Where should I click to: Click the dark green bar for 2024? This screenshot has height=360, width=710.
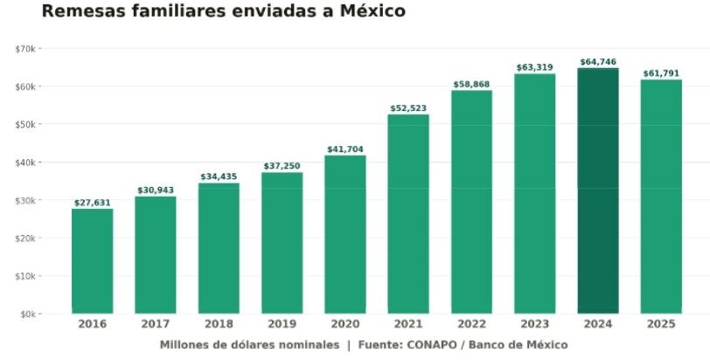[x=598, y=190]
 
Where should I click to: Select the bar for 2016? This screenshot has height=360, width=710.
[x=93, y=261]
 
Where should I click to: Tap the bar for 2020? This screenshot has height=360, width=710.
[x=345, y=234]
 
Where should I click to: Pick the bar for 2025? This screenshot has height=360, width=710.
[x=661, y=197]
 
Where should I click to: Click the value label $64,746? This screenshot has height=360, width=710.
[x=598, y=62]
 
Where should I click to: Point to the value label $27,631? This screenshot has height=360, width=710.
[x=93, y=203]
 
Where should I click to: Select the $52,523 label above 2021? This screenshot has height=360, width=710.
[x=408, y=108]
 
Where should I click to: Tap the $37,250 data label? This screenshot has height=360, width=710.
[x=282, y=166]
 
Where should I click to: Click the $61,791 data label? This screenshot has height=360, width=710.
[x=661, y=73]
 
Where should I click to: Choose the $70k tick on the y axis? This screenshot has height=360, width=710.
[x=25, y=49]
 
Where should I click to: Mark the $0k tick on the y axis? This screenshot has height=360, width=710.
[x=28, y=314]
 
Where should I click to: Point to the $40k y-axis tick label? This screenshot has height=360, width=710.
[x=25, y=163]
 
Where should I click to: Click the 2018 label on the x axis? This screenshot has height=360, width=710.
[x=219, y=324]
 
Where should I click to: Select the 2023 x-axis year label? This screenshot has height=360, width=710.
[x=535, y=324]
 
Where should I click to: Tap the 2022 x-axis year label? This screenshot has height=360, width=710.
[x=471, y=324]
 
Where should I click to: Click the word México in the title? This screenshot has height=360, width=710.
[x=372, y=10]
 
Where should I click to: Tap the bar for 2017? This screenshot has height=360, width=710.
[x=156, y=255]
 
